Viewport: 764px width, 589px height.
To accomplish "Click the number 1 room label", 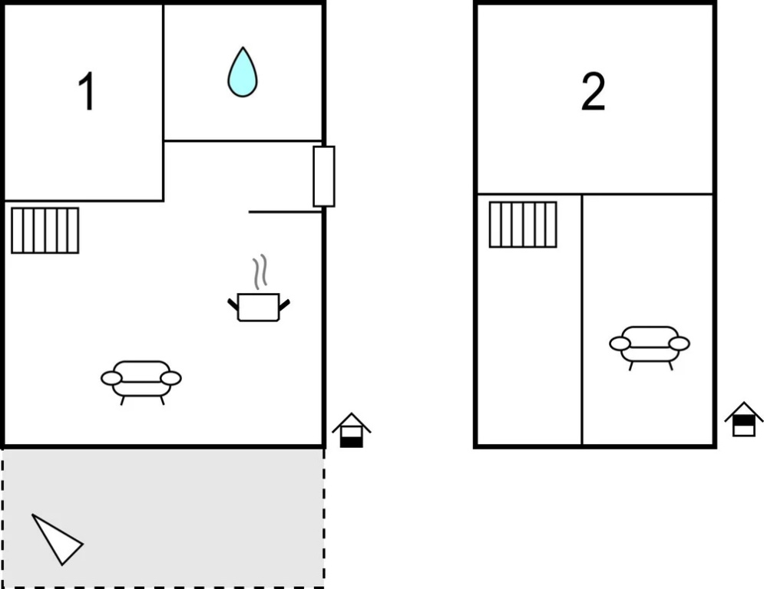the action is (x=87, y=91).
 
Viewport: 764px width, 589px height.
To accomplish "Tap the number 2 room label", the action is (x=593, y=91).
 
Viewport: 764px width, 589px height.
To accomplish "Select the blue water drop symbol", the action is (x=242, y=71).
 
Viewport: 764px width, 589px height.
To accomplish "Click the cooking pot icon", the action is (x=258, y=307).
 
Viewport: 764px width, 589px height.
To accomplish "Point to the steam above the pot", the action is (x=260, y=271).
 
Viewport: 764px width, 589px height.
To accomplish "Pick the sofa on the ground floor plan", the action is (x=141, y=382).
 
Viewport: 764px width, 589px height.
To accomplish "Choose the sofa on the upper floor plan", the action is (x=650, y=347).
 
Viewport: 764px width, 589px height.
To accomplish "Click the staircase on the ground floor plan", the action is (x=45, y=231).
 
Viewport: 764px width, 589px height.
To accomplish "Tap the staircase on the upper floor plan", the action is (x=523, y=225).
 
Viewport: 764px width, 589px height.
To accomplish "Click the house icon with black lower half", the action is (x=352, y=430).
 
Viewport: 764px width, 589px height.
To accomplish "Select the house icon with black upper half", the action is (x=743, y=419).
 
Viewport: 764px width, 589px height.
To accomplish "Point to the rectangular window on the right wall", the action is (x=324, y=176).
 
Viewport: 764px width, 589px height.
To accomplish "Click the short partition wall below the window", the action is (x=285, y=212).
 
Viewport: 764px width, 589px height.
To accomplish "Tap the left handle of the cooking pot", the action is (x=233, y=304).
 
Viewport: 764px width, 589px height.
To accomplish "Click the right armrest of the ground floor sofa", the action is (x=170, y=378).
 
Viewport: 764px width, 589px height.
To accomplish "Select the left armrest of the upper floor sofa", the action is (x=620, y=344).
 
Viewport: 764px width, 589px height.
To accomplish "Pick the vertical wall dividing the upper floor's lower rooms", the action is (x=582, y=320).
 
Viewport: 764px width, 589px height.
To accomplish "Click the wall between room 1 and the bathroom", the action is (x=164, y=102).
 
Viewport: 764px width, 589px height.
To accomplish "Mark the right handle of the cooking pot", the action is (x=285, y=304).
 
